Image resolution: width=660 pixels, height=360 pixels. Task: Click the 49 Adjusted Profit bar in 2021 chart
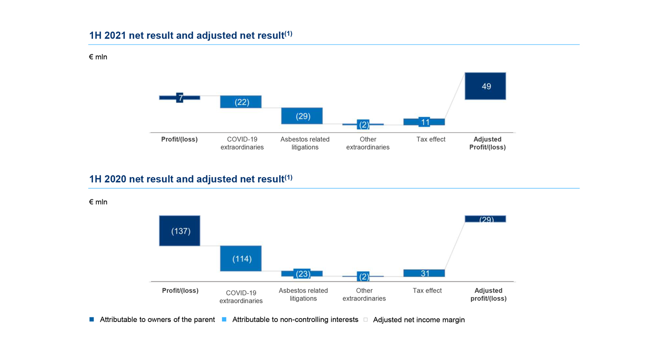(485, 86)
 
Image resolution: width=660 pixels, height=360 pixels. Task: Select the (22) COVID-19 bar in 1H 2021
(241, 102)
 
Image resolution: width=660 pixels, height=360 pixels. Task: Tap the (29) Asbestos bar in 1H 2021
(302, 116)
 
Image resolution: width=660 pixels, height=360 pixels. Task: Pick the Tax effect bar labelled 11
(424, 122)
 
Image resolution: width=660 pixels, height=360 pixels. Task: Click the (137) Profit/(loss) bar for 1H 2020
(180, 231)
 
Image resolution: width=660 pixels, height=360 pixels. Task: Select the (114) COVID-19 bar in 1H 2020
(241, 258)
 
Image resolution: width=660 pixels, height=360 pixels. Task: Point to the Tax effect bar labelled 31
(424, 273)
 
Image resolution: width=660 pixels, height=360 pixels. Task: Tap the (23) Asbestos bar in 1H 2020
(302, 274)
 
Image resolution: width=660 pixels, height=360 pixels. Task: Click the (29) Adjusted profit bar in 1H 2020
(485, 219)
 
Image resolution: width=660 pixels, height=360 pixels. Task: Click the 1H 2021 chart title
(191, 35)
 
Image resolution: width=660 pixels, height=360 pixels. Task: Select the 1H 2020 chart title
(191, 179)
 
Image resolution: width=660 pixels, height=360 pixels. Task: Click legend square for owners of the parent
(92, 319)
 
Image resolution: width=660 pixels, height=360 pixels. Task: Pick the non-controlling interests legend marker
(224, 319)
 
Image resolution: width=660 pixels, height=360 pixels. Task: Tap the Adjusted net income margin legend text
(419, 320)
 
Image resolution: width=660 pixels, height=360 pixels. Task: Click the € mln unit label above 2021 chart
(98, 57)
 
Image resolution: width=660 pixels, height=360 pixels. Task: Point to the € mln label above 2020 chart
(98, 202)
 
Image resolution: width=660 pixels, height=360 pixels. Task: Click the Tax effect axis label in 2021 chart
(431, 139)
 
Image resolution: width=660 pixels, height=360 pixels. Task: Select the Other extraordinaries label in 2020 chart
(364, 295)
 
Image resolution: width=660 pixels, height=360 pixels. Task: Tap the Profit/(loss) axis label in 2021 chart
(180, 139)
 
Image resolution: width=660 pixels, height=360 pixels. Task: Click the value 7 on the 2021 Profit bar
(180, 98)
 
